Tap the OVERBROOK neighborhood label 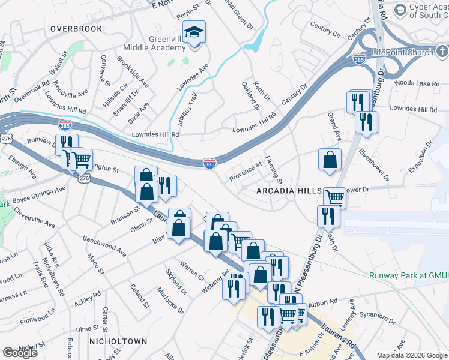pos(74,28)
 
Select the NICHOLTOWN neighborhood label pos(118,341)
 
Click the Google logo pos(20,353)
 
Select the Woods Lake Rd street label pos(417,82)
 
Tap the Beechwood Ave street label pos(104,246)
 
